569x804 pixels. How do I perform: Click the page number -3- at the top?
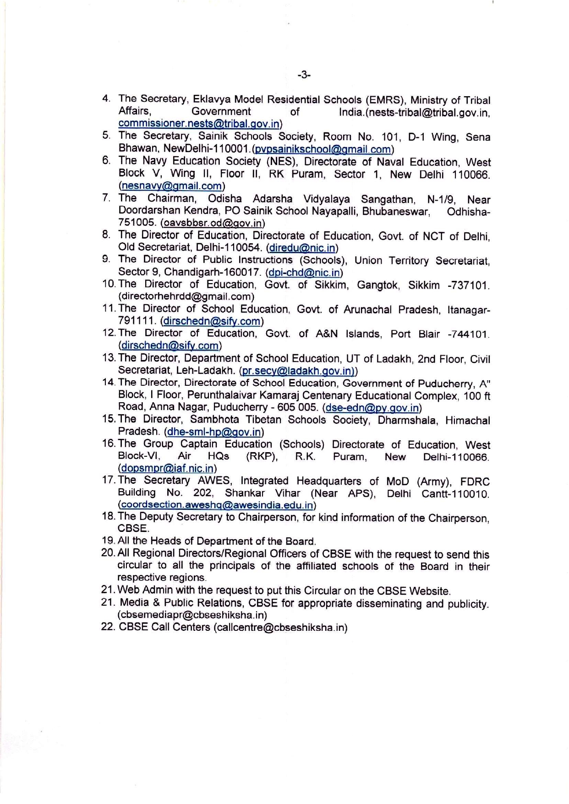pos(304,75)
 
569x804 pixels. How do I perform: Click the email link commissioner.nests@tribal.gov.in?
pos(199,124)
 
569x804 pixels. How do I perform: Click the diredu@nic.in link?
pos(302,248)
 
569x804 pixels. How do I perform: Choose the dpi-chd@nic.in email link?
pos(304,273)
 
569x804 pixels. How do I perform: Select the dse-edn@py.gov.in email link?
pos(372,408)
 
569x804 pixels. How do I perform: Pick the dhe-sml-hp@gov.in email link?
pos(214,432)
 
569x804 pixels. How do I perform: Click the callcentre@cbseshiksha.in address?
pos(280,627)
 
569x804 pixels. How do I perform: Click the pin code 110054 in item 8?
pos(247,247)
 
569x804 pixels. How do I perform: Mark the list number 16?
pos(109,443)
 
